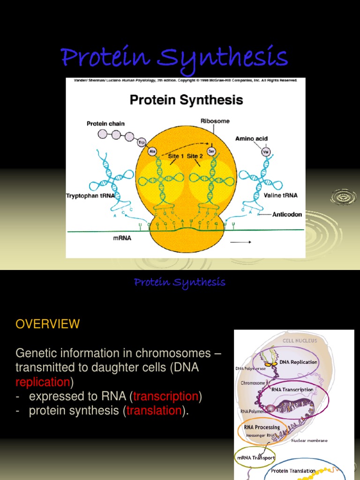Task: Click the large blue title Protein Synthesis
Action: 174,58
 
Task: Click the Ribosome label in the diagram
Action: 215,121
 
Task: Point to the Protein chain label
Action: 106,124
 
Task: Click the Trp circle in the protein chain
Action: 141,142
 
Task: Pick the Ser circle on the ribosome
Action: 211,151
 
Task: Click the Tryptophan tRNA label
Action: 90,195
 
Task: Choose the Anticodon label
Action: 287,214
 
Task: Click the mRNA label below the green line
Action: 122,238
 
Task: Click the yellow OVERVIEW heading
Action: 48,324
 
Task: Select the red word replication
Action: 43,382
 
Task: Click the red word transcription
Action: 166,396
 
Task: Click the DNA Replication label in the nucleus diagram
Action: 299,362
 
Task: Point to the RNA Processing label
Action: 262,427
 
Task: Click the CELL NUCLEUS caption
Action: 300,340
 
